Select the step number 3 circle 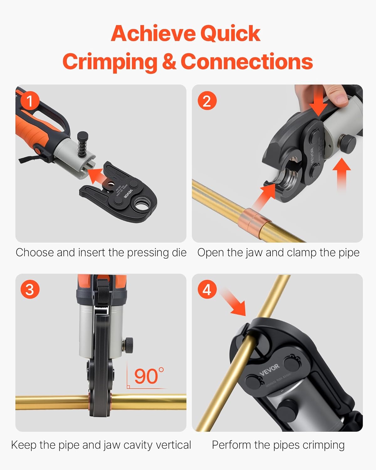[30, 289]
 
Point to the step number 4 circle [207, 289]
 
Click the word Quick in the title [230, 34]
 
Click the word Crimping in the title [110, 62]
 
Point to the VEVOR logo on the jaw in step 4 [269, 370]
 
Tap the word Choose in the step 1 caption [35, 252]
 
